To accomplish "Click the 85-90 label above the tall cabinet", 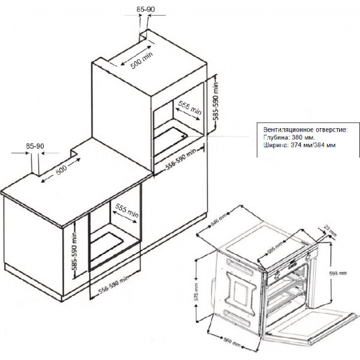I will coord(144,9).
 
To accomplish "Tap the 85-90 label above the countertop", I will coord(35,146).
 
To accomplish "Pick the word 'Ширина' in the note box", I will coord(275,144).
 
